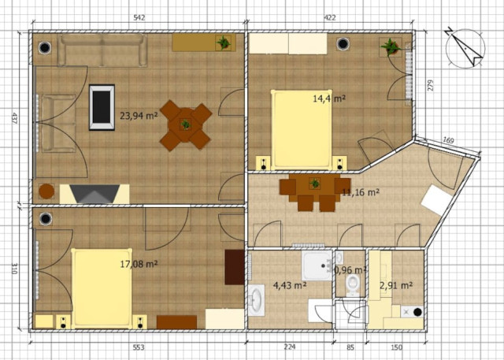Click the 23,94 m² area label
[x=139, y=115]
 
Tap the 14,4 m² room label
[x=329, y=98]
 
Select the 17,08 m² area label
[x=139, y=264]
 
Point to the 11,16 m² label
[x=361, y=192]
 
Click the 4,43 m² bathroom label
[x=289, y=285]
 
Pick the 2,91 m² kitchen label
[x=396, y=285]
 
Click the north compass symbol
[x=465, y=48]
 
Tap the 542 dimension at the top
[x=139, y=17]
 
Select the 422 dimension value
[x=330, y=17]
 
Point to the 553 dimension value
[x=139, y=347]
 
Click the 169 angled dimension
[x=448, y=140]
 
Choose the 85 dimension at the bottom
[x=350, y=347]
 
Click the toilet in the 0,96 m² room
[x=353, y=285]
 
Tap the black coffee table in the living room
[x=102, y=107]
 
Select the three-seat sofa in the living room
[x=102, y=50]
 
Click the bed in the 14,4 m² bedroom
[x=302, y=129]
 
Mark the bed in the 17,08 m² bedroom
[x=102, y=288]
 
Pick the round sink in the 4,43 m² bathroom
[x=257, y=300]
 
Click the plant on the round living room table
[x=186, y=124]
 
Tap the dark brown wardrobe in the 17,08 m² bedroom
[x=235, y=267]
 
